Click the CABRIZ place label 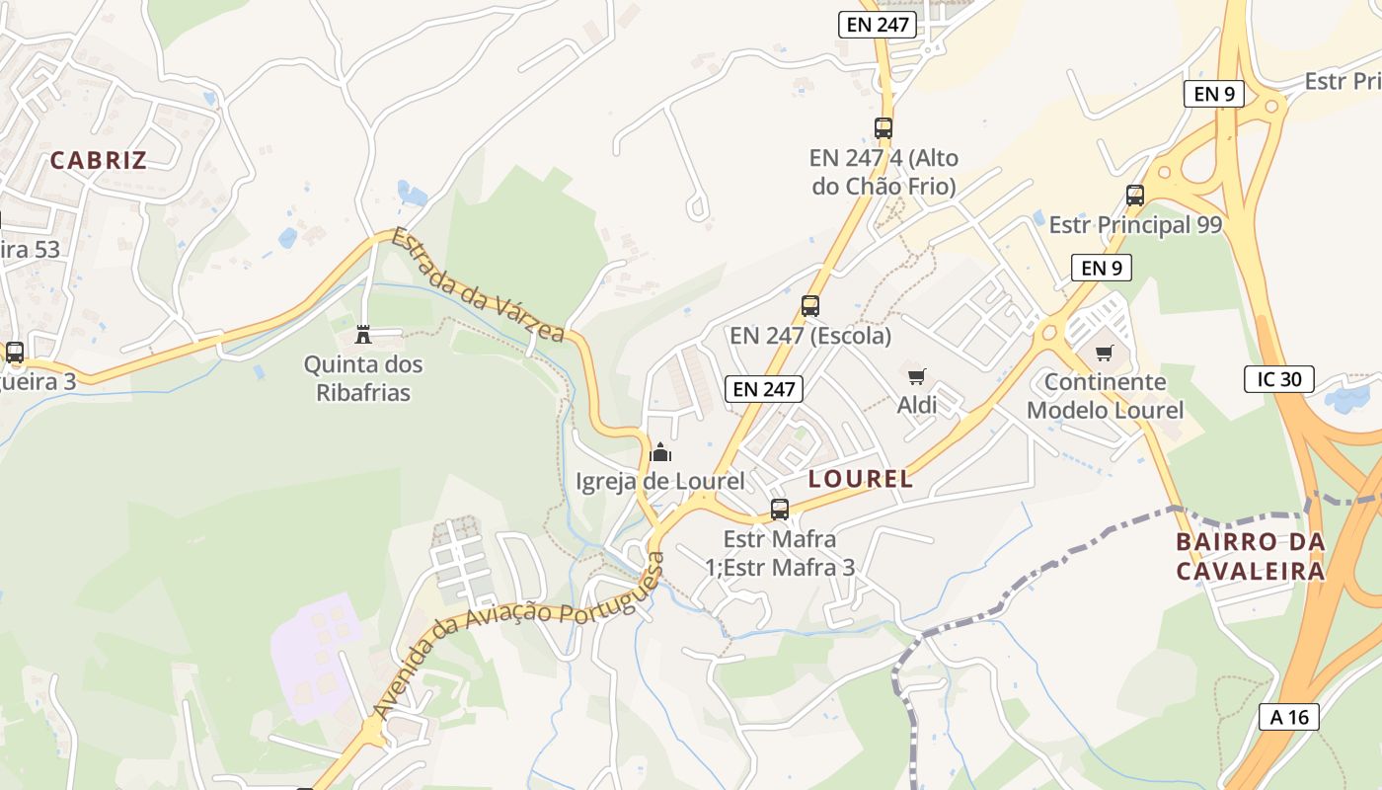(x=99, y=160)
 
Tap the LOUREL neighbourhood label (x=861, y=480)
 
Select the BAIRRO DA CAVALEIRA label (x=1250, y=556)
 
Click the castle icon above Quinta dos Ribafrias (x=363, y=335)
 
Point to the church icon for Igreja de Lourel (x=660, y=453)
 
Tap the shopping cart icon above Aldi (x=917, y=376)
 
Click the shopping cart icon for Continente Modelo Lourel (x=1104, y=353)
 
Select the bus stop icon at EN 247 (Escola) (x=810, y=306)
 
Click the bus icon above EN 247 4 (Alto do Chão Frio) (x=883, y=127)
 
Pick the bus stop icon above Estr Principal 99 (x=1135, y=196)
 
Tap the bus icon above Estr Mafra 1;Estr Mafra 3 (x=780, y=510)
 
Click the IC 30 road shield (x=1278, y=378)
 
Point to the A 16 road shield (x=1289, y=717)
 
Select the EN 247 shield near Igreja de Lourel (x=764, y=389)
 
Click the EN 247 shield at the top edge (x=878, y=25)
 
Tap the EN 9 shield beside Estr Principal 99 (x=1101, y=267)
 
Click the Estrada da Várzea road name (x=477, y=285)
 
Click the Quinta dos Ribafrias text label (x=363, y=378)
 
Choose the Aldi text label (x=917, y=405)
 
